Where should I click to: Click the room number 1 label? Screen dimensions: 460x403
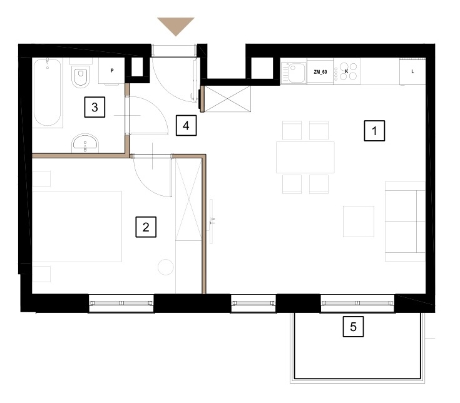[x=374, y=131]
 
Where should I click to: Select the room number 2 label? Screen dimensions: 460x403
[x=146, y=227]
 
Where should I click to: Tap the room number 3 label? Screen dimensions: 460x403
[x=95, y=107]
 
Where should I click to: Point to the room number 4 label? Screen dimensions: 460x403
[x=186, y=126]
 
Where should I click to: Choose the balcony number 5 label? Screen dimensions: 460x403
[x=353, y=327]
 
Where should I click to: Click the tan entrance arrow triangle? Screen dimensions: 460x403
[x=176, y=25]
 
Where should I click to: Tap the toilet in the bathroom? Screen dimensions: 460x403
[x=81, y=75]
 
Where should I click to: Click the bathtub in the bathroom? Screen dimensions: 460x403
[x=48, y=93]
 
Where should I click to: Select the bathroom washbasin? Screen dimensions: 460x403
[x=85, y=143]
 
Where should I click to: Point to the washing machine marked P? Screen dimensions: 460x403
[x=112, y=71]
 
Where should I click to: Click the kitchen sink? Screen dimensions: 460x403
[x=294, y=71]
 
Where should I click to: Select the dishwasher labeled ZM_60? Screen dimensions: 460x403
[x=320, y=71]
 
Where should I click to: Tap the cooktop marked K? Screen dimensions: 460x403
[x=347, y=71]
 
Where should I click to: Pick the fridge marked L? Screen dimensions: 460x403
[x=412, y=71]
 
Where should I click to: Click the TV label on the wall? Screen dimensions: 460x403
[x=213, y=221]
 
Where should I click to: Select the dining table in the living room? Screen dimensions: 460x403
[x=305, y=157]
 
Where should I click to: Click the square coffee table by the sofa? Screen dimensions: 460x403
[x=359, y=221]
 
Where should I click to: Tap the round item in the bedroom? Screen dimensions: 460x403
[x=166, y=267]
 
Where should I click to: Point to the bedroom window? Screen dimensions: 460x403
[x=121, y=304]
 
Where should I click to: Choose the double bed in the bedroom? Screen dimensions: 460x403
[x=77, y=227]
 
